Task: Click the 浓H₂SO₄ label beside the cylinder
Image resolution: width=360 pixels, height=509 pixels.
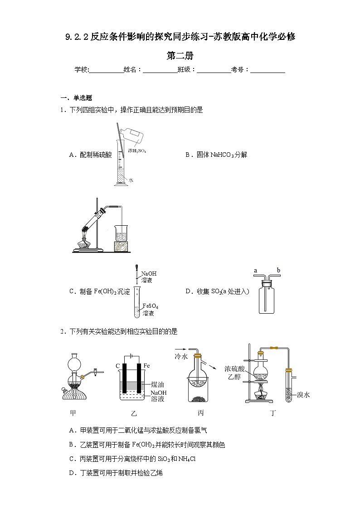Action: pos(137,150)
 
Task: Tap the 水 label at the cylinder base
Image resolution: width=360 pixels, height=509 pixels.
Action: pos(131,180)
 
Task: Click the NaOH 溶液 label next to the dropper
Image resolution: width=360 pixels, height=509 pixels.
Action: pos(149,277)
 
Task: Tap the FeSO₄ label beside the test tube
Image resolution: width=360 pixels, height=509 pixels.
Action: pos(150,306)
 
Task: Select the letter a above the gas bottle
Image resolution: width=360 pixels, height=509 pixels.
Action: pos(255,271)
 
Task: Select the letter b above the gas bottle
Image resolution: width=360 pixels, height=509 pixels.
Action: pos(278,271)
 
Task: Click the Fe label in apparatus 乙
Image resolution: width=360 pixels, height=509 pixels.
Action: pos(146,365)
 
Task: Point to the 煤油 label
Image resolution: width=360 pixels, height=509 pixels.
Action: pos(157,384)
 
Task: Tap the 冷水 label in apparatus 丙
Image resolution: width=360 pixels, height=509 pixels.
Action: pos(181,357)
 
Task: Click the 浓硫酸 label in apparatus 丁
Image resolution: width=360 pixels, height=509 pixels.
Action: pos(234,368)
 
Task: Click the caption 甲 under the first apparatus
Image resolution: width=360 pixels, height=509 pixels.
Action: pos(73,412)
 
